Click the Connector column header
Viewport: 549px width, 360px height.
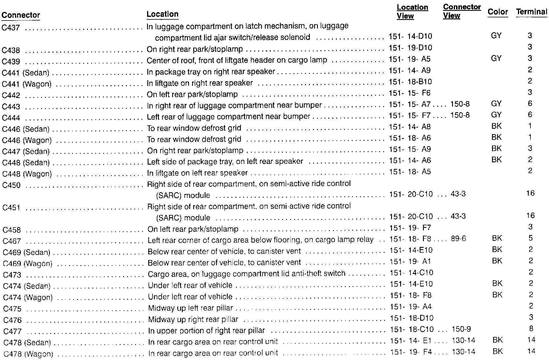coord(21,15)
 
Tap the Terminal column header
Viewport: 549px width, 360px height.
coord(532,12)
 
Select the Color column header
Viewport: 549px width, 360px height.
coord(498,12)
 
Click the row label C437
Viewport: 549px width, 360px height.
coord(11,28)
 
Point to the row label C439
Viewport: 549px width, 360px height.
coord(11,62)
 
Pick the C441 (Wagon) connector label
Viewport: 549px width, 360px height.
coord(27,84)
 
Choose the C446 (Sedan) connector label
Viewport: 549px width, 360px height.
coord(26,129)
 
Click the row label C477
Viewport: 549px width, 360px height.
coord(12,331)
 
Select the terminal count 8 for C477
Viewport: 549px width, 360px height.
coord(531,329)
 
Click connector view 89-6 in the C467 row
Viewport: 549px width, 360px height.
coord(458,239)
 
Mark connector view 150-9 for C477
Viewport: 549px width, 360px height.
coord(461,329)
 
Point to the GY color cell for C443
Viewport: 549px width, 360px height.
coord(496,103)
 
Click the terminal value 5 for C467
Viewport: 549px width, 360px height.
coord(530,238)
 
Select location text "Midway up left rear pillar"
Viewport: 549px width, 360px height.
coord(190,308)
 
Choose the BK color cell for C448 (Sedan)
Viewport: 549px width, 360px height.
coord(497,160)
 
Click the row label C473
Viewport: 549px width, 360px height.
coord(12,275)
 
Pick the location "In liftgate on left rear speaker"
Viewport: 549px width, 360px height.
coord(197,173)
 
